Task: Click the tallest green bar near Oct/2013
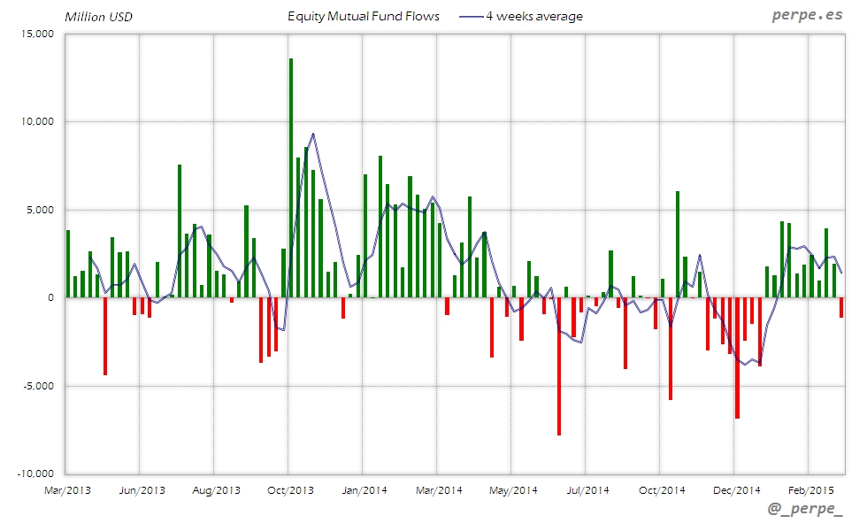(291, 177)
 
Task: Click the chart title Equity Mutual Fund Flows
(364, 16)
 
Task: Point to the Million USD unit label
(98, 17)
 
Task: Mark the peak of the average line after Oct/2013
(313, 134)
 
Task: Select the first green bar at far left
(68, 264)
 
